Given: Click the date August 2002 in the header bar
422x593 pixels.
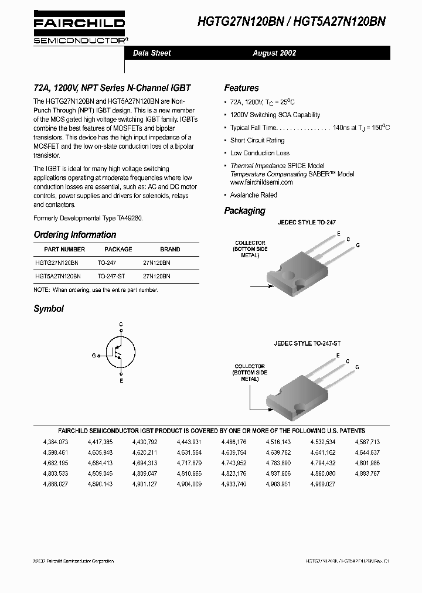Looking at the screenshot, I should (274, 53).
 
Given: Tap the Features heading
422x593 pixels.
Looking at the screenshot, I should (241, 88).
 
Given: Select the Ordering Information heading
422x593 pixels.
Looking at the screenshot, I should (75, 234).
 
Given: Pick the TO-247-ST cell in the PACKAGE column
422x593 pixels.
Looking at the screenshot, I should (111, 275).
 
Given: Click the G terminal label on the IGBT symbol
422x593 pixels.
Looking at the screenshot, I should (94, 356).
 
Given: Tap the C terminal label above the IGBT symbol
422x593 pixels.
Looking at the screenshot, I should (121, 325).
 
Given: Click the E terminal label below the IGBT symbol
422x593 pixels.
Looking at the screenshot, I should (121, 381).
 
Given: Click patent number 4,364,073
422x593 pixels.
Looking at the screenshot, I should (56, 442).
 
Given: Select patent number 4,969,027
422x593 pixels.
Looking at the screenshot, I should (323, 484).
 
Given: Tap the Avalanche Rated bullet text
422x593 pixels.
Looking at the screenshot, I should (254, 195).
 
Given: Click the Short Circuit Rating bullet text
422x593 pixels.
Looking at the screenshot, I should (257, 141).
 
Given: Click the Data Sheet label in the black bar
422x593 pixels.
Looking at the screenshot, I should (152, 53).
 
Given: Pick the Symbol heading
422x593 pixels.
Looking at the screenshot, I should (49, 309).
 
